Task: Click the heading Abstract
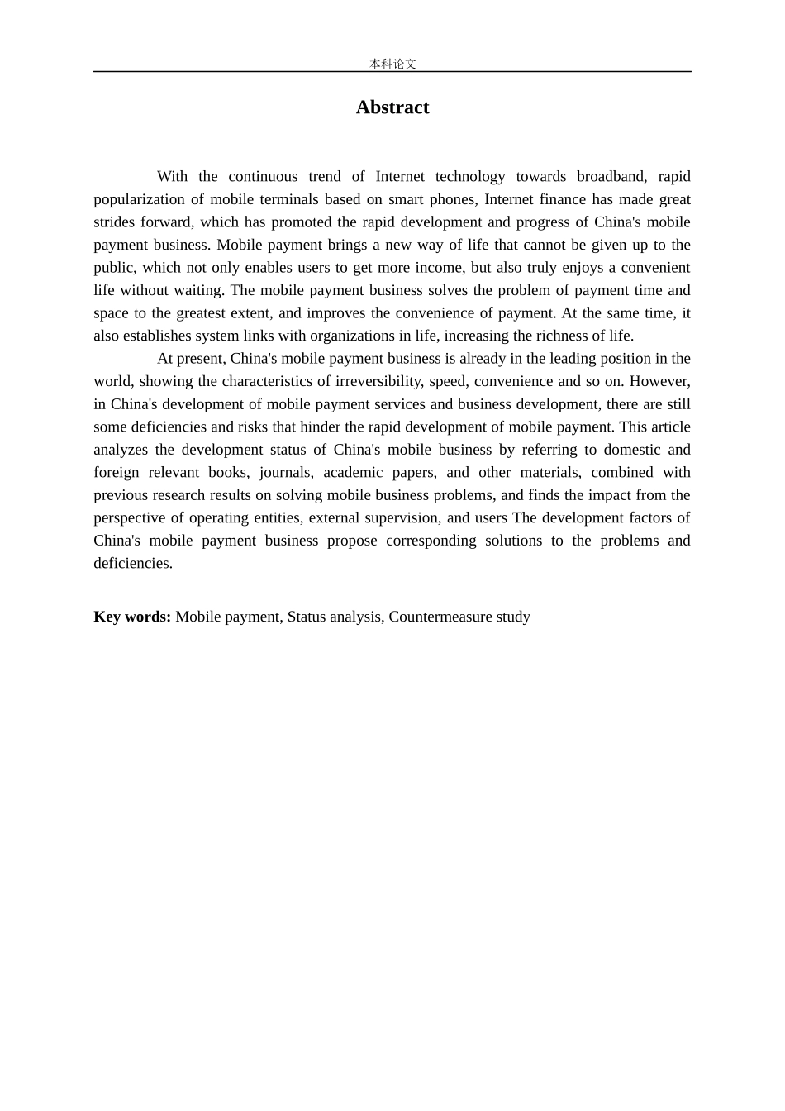click(392, 107)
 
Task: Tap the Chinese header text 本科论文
click(392, 64)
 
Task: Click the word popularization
click(140, 199)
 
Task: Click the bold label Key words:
click(132, 617)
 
